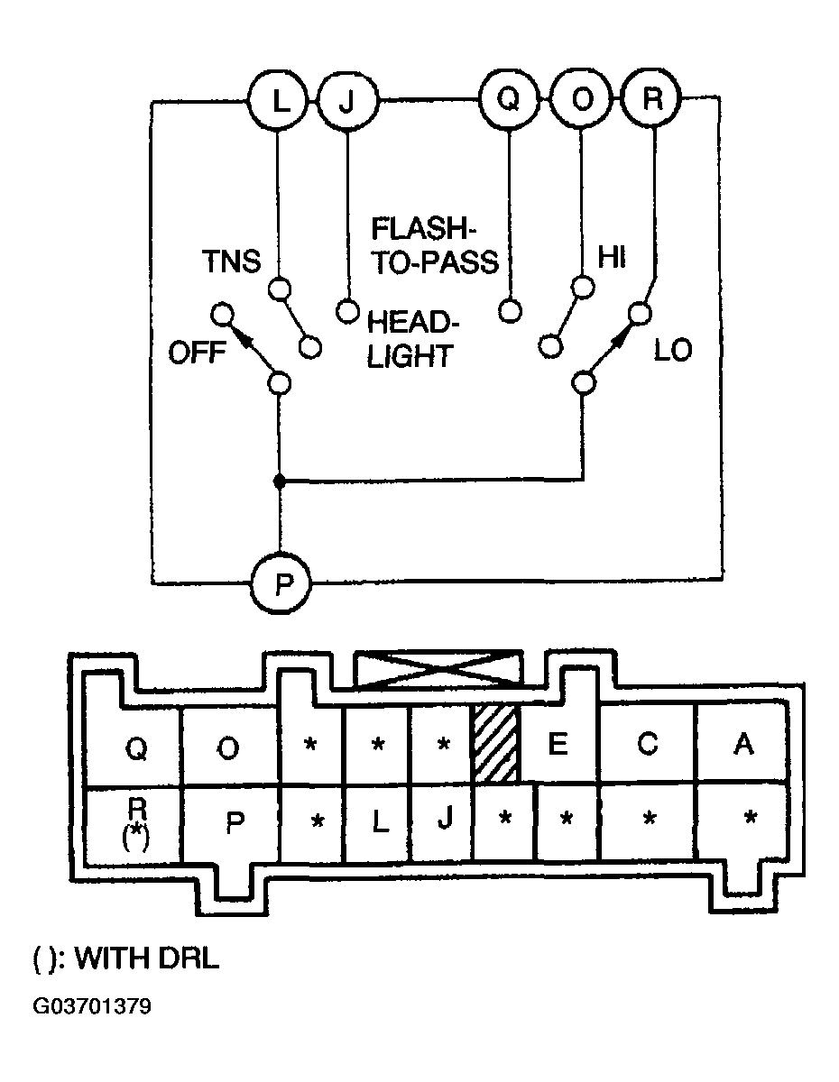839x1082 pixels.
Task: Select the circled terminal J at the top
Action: point(347,103)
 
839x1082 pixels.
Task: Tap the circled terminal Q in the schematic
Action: point(509,99)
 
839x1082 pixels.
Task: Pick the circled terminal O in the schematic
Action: point(581,100)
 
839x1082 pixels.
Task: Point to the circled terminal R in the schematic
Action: point(651,98)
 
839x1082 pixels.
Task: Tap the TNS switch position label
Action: point(231,261)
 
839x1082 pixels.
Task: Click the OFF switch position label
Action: point(198,353)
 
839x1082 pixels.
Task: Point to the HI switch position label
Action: point(612,258)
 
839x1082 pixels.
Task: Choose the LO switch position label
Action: point(673,351)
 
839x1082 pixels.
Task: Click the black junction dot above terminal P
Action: point(280,481)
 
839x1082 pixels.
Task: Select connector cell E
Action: point(558,745)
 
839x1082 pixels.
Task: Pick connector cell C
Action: point(647,745)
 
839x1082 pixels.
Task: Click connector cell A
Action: point(742,745)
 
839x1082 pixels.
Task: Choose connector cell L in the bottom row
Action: point(379,822)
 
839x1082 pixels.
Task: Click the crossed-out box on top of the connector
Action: point(438,669)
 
